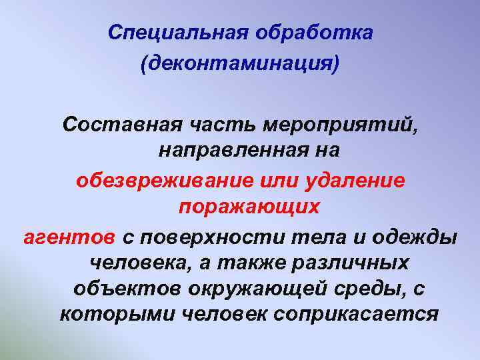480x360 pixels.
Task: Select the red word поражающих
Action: click(x=249, y=207)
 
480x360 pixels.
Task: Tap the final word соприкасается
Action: click(x=359, y=314)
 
